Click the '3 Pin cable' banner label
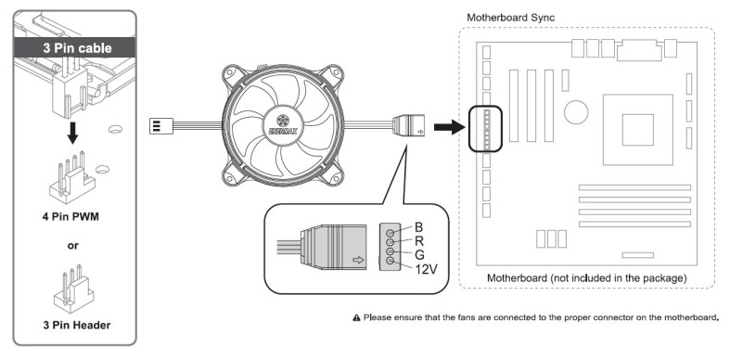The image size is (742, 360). (x=78, y=48)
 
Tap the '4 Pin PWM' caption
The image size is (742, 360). (x=70, y=217)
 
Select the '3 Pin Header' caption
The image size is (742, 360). (x=77, y=325)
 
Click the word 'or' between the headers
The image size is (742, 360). (x=73, y=246)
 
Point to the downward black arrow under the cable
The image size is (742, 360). (x=72, y=134)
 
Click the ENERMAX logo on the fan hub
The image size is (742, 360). (x=283, y=125)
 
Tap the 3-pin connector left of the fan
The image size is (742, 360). (x=160, y=125)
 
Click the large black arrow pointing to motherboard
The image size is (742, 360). (x=449, y=127)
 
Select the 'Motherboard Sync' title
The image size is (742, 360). (x=511, y=18)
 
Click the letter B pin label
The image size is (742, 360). (x=419, y=227)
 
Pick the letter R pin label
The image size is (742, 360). (x=419, y=240)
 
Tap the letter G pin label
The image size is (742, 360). (x=419, y=255)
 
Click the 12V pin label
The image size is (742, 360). (x=426, y=269)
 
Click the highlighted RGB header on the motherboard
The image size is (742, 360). (x=485, y=129)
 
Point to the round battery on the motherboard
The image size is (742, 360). (x=576, y=113)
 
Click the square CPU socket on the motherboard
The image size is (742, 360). (x=638, y=130)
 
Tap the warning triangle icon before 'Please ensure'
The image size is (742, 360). (x=357, y=317)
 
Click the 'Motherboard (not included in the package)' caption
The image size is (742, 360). (x=587, y=278)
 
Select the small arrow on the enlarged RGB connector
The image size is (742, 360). (x=359, y=260)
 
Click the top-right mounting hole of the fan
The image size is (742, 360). (x=336, y=73)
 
